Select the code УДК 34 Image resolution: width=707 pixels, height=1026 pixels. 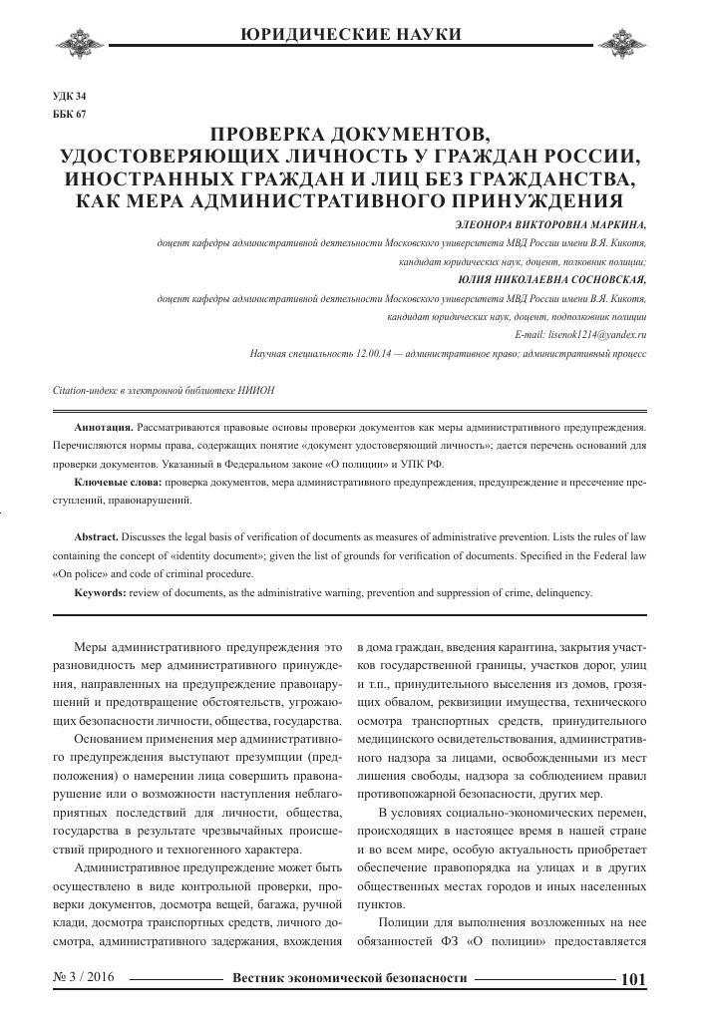(x=69, y=96)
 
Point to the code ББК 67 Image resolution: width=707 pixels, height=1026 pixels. (x=69, y=114)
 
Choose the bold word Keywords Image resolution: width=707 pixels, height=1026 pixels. (x=101, y=593)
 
